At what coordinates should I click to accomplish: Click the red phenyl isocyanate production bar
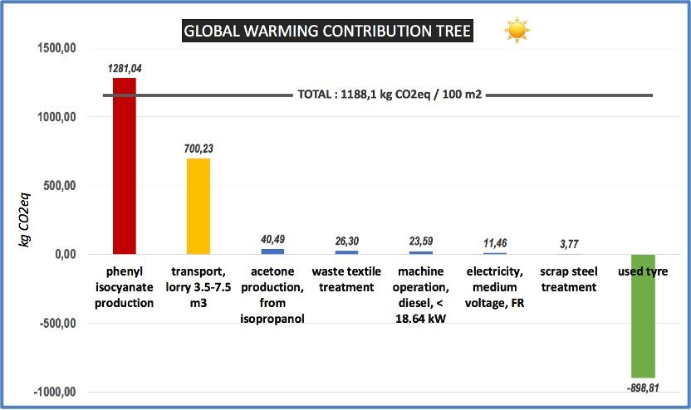(125, 166)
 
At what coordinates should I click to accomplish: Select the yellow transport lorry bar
(198, 207)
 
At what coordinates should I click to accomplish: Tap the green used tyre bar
(643, 315)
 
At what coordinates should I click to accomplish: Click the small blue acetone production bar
(272, 251)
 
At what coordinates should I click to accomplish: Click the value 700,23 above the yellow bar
(198, 149)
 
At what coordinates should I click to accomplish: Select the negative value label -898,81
(643, 386)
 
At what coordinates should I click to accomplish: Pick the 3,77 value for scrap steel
(569, 244)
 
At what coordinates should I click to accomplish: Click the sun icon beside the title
(517, 31)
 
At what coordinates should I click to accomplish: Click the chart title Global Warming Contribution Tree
(327, 32)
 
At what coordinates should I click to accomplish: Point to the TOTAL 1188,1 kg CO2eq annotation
(390, 95)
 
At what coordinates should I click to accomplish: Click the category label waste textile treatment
(346, 280)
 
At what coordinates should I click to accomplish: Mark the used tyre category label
(643, 272)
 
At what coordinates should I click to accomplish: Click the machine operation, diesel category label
(420, 295)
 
